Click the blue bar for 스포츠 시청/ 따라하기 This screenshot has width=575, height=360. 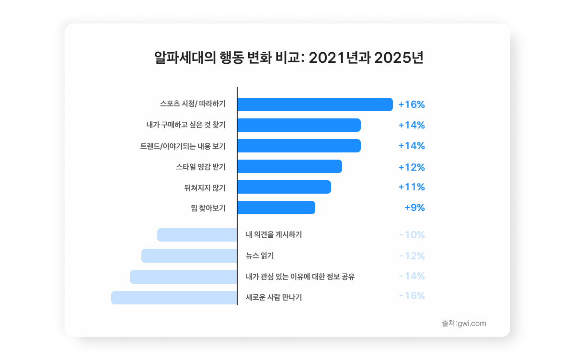pyautogui.click(x=315, y=105)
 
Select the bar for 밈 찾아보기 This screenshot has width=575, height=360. pyautogui.click(x=276, y=208)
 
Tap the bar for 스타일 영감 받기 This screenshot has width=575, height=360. pyautogui.click(x=289, y=166)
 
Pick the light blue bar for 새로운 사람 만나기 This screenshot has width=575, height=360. pyautogui.click(x=174, y=298)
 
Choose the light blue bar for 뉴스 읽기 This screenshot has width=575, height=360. pyautogui.click(x=189, y=256)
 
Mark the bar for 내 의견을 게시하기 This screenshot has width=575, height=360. pyautogui.click(x=197, y=235)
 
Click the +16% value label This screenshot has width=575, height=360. pyautogui.click(x=412, y=105)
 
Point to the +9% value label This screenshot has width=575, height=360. pyautogui.click(x=414, y=208)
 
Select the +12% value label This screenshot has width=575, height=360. pyautogui.click(x=412, y=167)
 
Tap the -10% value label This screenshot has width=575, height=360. pyautogui.click(x=412, y=235)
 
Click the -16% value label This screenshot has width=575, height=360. pyautogui.click(x=412, y=296)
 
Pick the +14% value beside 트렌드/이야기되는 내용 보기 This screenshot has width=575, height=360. pyautogui.click(x=412, y=146)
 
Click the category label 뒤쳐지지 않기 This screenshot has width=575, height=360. pyautogui.click(x=205, y=187)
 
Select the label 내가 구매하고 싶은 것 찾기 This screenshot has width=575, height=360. pyautogui.click(x=186, y=125)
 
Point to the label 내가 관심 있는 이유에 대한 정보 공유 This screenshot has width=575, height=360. pyautogui.click(x=300, y=277)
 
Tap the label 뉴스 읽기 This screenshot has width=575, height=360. pyautogui.click(x=260, y=256)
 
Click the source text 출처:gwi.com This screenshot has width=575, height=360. pyautogui.click(x=464, y=323)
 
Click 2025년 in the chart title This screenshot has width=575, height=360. pyautogui.click(x=398, y=58)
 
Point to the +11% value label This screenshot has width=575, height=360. pyautogui.click(x=412, y=187)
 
